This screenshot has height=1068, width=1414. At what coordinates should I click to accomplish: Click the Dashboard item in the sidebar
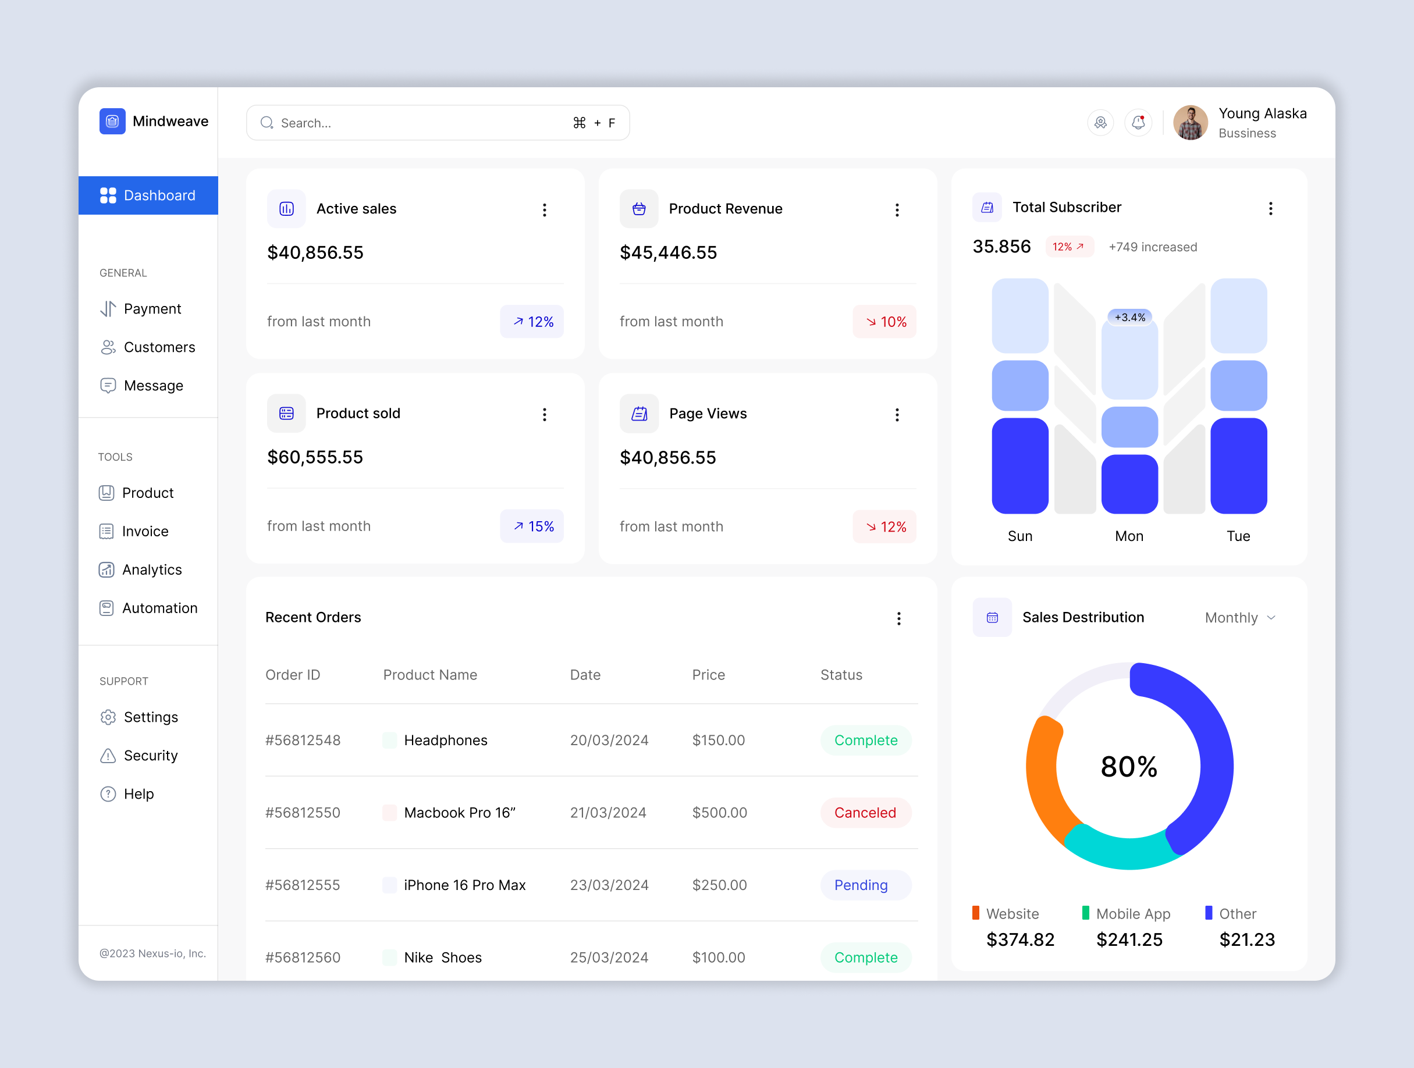click(148, 195)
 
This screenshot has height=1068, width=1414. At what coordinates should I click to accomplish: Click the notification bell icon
click(1138, 123)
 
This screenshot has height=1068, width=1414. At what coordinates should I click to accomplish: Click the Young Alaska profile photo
click(1191, 123)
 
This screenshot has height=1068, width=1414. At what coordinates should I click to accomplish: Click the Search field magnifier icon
click(267, 123)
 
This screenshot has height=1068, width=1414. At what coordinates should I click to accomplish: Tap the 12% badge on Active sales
click(532, 322)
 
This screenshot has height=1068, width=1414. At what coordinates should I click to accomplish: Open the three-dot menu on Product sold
click(545, 414)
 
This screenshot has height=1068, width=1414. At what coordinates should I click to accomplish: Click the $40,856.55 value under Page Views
click(667, 458)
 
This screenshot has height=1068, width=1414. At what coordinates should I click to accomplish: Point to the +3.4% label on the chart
click(1129, 317)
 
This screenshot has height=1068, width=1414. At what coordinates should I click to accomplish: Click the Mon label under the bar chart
click(1129, 536)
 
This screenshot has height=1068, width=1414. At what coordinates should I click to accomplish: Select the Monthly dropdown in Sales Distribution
click(1239, 617)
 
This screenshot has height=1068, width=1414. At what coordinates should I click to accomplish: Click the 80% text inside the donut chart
click(1129, 766)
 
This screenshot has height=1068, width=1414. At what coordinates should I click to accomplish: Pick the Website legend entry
click(1012, 913)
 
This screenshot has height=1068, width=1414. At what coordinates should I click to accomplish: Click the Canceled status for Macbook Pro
click(865, 813)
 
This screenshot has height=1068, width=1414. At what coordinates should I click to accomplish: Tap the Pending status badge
click(861, 885)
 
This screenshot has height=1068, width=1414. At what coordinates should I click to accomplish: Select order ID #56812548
click(303, 740)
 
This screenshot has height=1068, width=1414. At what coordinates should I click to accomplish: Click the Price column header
click(708, 675)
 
